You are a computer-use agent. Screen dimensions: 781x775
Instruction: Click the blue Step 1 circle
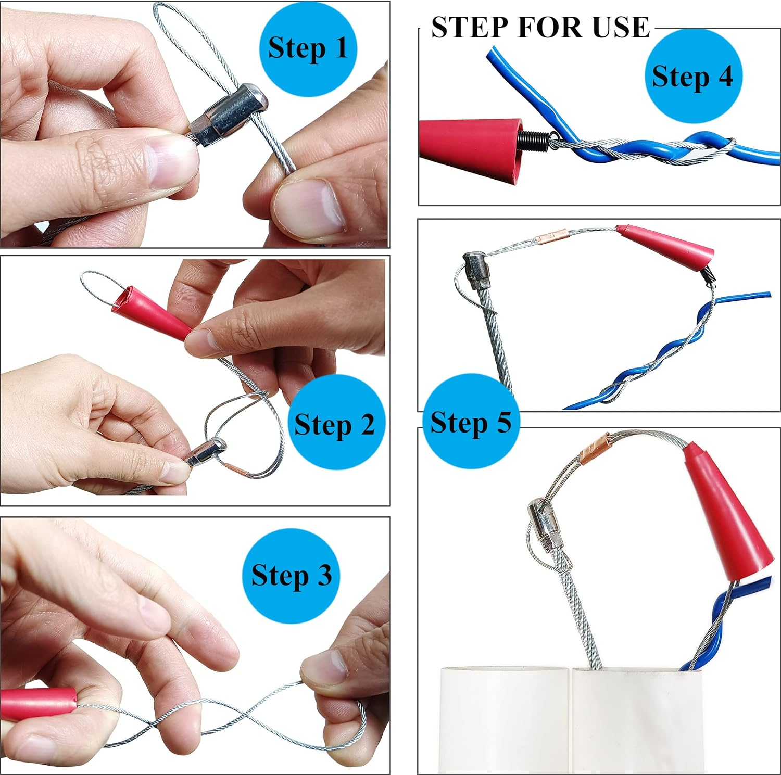click(308, 48)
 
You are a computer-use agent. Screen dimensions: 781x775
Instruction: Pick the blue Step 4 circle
click(693, 76)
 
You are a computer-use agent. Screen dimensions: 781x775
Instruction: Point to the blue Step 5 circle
click(471, 422)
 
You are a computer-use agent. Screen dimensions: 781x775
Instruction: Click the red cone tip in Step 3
click(39, 704)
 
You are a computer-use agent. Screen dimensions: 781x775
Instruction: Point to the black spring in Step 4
click(534, 139)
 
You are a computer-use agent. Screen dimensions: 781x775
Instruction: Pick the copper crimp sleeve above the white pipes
click(594, 448)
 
